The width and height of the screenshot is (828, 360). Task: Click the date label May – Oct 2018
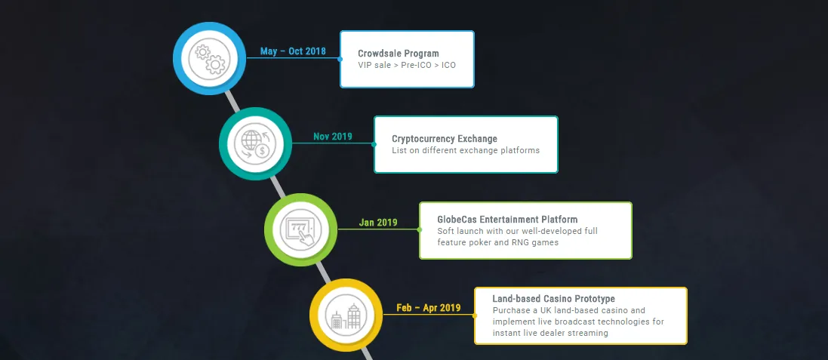293,51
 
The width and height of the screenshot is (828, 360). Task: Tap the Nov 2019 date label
333,137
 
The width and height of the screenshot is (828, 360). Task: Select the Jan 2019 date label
378,222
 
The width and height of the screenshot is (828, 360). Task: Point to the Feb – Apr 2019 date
428,308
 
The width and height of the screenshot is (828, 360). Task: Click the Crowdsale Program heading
399,54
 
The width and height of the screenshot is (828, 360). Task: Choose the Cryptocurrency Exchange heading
445,139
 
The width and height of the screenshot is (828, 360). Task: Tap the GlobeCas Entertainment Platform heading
507,219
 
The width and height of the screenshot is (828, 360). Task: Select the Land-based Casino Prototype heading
553,299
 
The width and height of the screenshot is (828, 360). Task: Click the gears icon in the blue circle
210,59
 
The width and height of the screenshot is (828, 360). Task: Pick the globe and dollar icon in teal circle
256,144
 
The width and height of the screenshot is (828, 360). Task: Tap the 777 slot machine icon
300,230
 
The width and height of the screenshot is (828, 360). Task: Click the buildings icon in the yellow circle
346,316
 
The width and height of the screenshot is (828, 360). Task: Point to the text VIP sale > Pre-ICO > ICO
407,65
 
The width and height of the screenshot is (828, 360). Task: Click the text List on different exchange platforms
466,150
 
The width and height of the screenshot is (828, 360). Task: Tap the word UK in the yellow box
543,310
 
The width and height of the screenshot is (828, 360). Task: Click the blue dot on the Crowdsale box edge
340,59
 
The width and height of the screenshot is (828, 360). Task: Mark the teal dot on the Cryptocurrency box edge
374,144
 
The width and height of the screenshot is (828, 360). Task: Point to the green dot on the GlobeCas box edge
419,229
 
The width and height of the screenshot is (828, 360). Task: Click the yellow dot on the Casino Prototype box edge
474,315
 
